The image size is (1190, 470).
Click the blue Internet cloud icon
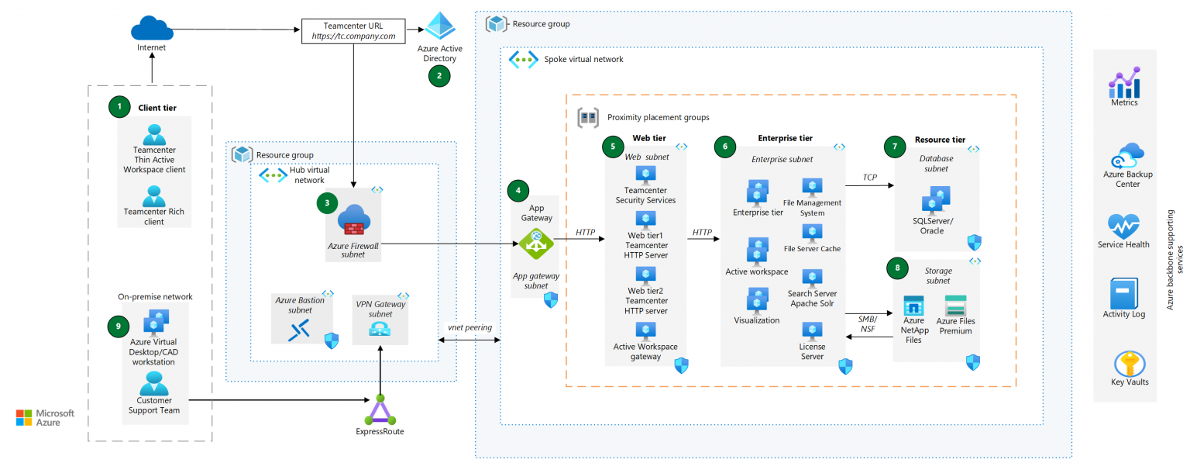(x=152, y=29)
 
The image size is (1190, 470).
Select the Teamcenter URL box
(x=353, y=30)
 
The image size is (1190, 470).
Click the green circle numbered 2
(x=439, y=75)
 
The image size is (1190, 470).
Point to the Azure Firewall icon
(x=355, y=220)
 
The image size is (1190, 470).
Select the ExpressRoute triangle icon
(x=380, y=409)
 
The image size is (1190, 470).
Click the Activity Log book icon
(x=1123, y=293)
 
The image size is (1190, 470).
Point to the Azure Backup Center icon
(x=1126, y=155)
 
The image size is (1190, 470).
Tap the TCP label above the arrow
(x=869, y=178)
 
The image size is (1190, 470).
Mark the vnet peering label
(x=469, y=327)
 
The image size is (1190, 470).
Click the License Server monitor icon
(x=812, y=330)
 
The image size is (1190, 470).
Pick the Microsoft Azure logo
(x=45, y=417)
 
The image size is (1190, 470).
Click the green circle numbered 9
(x=119, y=326)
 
